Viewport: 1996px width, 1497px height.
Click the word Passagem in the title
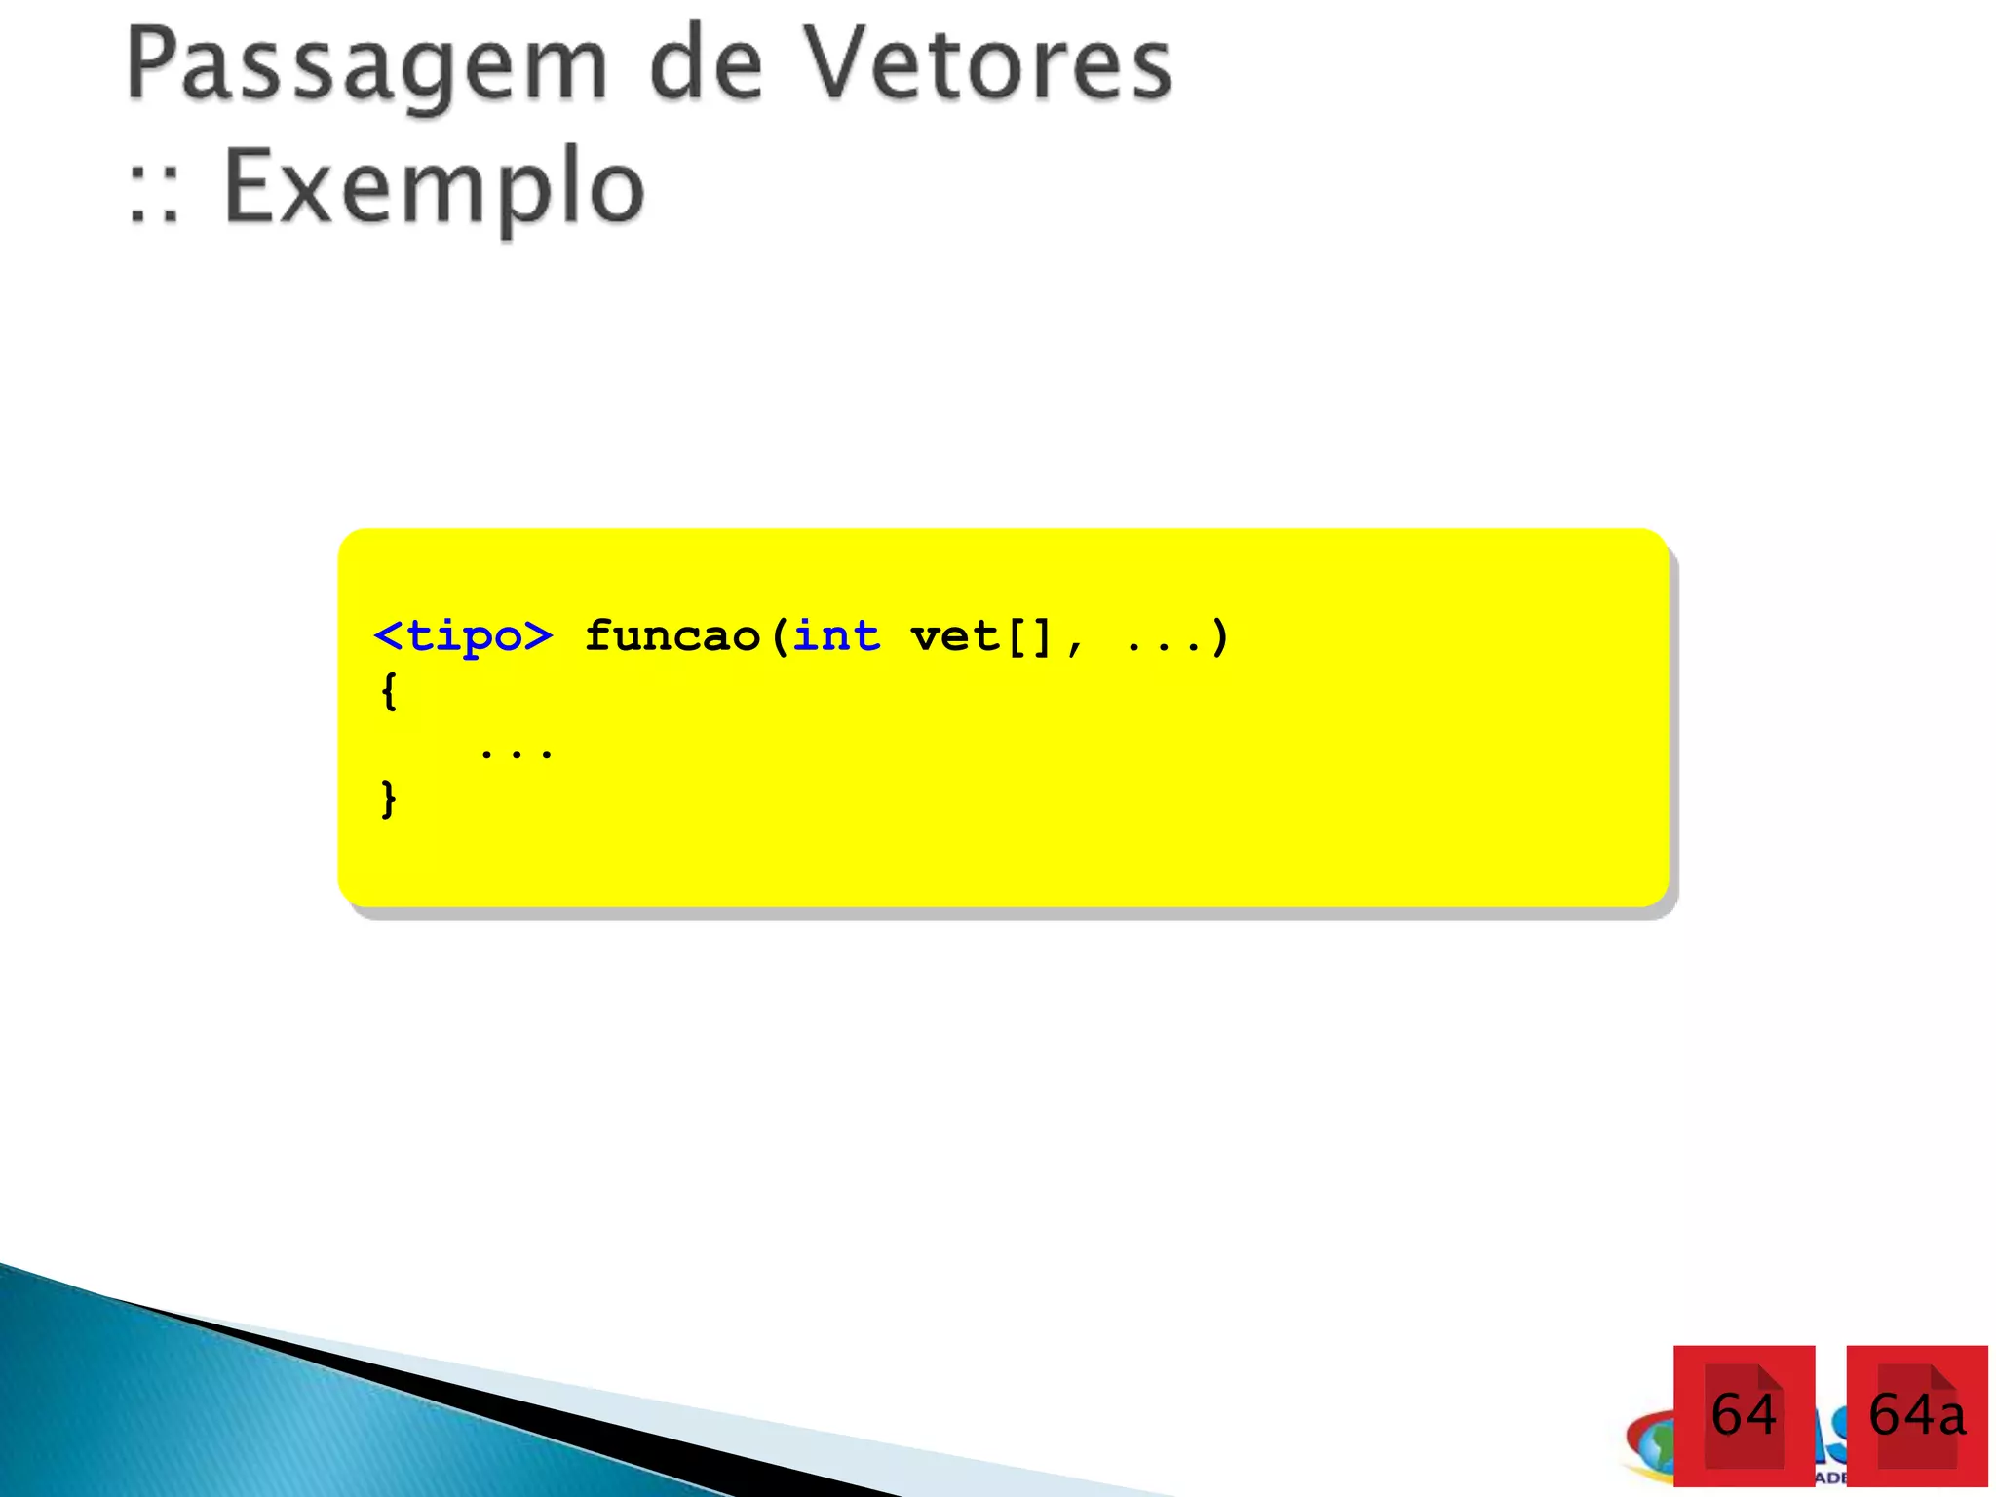tap(366, 66)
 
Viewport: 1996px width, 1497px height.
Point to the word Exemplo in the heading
tap(434, 187)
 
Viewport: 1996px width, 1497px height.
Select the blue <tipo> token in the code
tap(464, 637)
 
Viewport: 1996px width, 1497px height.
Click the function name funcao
tap(672, 637)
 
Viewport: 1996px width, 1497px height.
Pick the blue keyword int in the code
tap(836, 637)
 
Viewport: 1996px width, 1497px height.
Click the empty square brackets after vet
tap(1029, 637)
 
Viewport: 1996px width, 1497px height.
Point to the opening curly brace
tap(389, 692)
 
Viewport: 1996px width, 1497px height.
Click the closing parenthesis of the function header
tap(1219, 637)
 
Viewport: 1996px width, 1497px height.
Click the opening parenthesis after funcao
tap(779, 637)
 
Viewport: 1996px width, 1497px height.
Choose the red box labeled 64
tap(1744, 1415)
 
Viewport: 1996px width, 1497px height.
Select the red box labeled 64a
tap(1916, 1415)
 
